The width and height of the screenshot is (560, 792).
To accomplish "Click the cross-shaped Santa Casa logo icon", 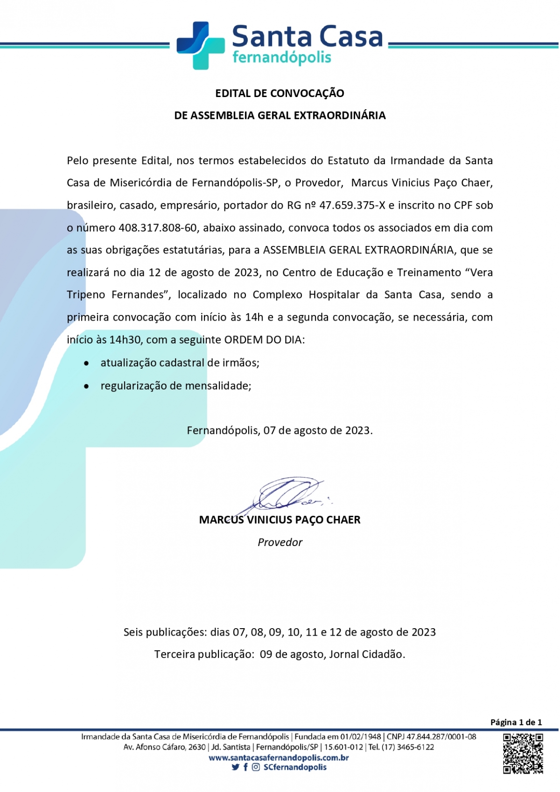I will (x=200, y=45).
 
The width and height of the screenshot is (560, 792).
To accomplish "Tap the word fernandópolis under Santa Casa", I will (x=281, y=58).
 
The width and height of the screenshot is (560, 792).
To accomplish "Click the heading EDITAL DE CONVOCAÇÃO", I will (x=280, y=93).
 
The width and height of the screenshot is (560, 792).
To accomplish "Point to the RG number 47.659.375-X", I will (x=352, y=205).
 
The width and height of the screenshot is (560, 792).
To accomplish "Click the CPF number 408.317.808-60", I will (x=158, y=228).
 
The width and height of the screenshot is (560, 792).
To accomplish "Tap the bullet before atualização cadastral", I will (x=86, y=363).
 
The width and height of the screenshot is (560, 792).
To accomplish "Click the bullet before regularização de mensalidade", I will (x=86, y=386).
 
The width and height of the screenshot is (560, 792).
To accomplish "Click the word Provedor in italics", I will (x=280, y=542).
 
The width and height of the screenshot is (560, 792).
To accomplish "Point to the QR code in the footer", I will (x=523, y=753).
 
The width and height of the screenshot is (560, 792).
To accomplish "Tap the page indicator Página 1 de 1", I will (x=516, y=722).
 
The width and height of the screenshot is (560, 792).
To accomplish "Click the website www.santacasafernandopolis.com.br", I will (x=279, y=757).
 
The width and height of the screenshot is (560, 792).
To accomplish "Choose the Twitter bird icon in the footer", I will (x=235, y=767).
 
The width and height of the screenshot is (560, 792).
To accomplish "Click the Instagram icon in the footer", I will (x=256, y=767).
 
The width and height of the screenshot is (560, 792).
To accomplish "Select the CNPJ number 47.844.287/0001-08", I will (x=441, y=737).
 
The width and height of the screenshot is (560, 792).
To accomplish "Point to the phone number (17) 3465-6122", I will (x=407, y=747).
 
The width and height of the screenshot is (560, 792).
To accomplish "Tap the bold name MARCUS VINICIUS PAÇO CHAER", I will (x=280, y=520).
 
